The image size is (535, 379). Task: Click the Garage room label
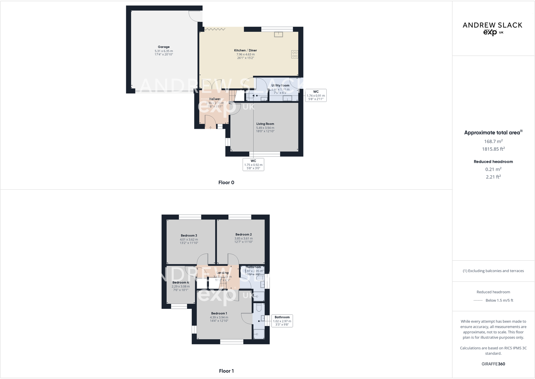pyautogui.click(x=164, y=47)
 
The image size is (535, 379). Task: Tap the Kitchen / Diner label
pyautogui.click(x=245, y=50)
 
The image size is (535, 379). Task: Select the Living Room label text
pyautogui.click(x=265, y=124)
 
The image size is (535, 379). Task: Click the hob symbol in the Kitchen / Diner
pyautogui.click(x=294, y=54)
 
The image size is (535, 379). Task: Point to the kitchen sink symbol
pyautogui.click(x=278, y=34)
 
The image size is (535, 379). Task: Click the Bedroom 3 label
pyautogui.click(x=189, y=235)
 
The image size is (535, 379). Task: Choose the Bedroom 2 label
pyautogui.click(x=243, y=234)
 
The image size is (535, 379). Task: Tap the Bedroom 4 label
pyautogui.click(x=180, y=282)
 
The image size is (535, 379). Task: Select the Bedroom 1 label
pyautogui.click(x=219, y=313)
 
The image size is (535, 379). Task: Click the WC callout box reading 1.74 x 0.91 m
pyautogui.click(x=316, y=96)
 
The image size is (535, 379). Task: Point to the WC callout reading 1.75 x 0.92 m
pyautogui.click(x=253, y=164)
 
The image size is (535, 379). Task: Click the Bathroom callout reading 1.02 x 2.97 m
pyautogui.click(x=282, y=321)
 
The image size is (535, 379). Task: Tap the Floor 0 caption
pyautogui.click(x=226, y=183)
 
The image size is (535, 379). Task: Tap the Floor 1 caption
pyautogui.click(x=226, y=371)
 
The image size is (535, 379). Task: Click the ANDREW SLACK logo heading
pyautogui.click(x=492, y=25)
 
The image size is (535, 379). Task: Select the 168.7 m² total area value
pyautogui.click(x=493, y=142)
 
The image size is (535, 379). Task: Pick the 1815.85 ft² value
pyautogui.click(x=493, y=149)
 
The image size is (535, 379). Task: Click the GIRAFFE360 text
pyautogui.click(x=493, y=364)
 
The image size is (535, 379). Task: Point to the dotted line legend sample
pyautogui.click(x=478, y=300)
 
